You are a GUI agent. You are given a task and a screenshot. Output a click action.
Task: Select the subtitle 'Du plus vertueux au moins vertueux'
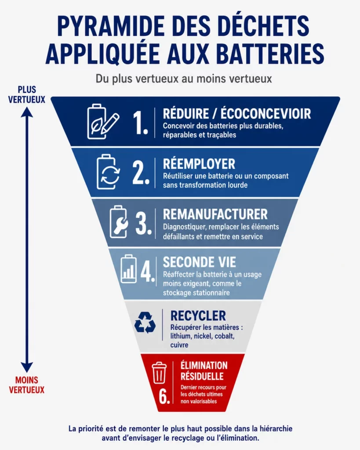point(184,79)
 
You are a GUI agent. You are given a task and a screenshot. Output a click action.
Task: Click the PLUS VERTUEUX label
point(27,94)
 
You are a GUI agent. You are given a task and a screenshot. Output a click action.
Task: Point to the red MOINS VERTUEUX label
point(27,385)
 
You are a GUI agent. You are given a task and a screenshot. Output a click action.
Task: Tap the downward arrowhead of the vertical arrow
point(27,367)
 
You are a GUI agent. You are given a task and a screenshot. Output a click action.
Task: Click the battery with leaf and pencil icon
point(102,122)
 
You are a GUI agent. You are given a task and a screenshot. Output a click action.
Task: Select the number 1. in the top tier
point(140,123)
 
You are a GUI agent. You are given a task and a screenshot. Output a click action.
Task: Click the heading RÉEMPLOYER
point(199,164)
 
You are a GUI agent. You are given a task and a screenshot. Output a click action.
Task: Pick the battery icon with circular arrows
point(108,172)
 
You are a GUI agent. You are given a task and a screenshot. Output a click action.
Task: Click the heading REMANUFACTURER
point(215,214)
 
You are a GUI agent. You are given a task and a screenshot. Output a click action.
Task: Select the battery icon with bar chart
point(129,269)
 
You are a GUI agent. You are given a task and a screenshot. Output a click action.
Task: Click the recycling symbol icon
point(145,323)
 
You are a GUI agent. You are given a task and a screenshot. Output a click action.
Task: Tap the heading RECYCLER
point(198,316)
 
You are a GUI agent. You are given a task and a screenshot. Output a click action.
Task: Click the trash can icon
point(159,373)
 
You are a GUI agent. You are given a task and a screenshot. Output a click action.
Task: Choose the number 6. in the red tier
point(164,397)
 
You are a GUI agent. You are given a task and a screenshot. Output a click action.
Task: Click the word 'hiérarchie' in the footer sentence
point(276,429)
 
